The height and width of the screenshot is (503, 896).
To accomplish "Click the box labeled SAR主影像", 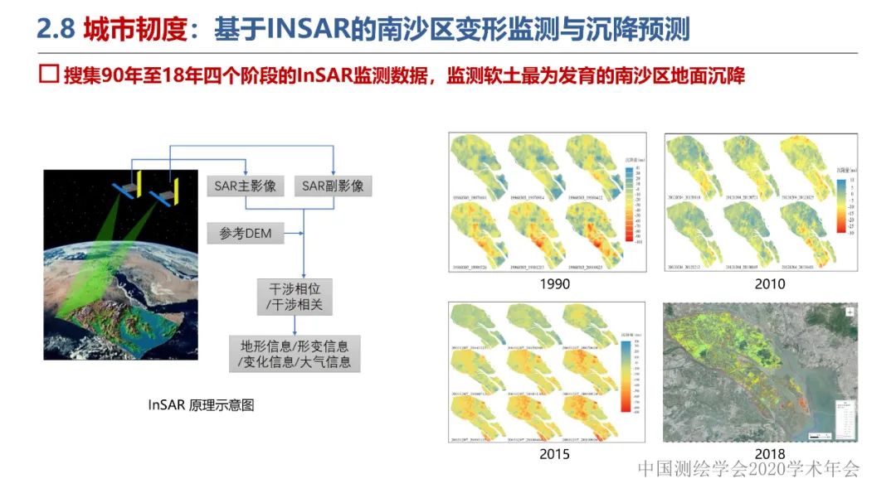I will point(245,186).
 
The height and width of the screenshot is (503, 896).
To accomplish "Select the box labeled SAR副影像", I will point(333,186).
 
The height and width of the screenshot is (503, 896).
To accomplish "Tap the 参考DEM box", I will point(246,233).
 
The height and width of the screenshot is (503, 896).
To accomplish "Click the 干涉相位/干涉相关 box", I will point(295,297).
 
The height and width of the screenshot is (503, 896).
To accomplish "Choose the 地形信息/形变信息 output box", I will point(295,354).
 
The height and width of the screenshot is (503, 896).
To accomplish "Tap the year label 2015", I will point(554,454).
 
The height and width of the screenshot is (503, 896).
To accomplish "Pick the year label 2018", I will point(770,454).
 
